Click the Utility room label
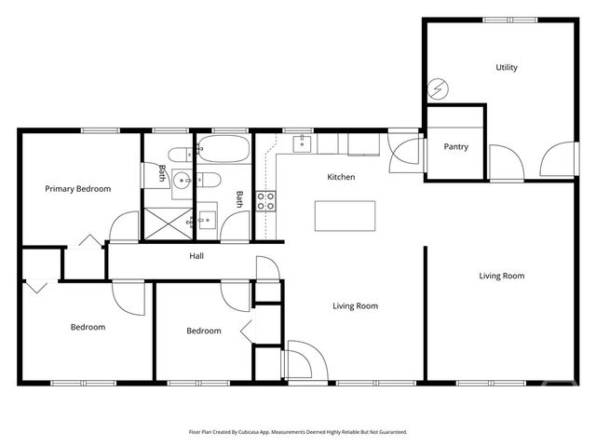point(507,68)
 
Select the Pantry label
point(455,147)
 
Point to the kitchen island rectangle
point(345,215)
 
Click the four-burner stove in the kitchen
point(265,201)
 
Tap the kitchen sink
point(303,143)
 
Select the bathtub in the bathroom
point(223,150)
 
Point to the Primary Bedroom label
point(78,189)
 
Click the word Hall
point(196,256)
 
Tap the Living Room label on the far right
point(501,276)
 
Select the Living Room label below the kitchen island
point(356,305)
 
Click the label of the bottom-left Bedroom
point(88,327)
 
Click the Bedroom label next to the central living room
point(203,331)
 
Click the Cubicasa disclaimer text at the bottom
point(298,432)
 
